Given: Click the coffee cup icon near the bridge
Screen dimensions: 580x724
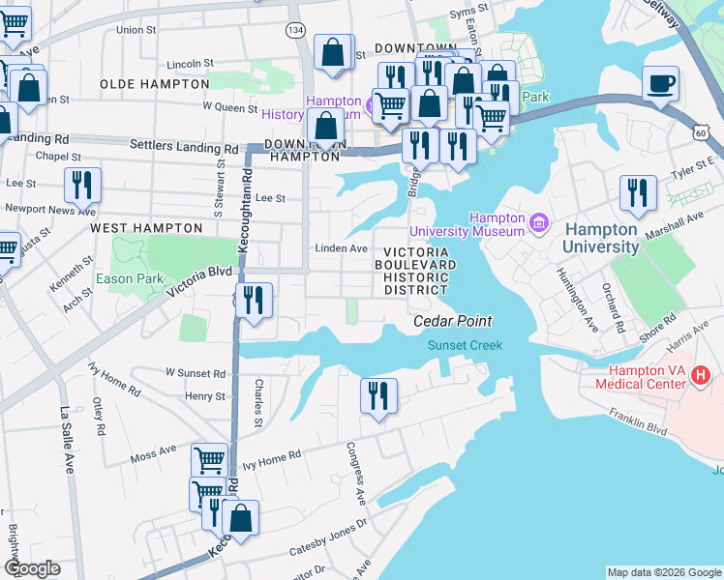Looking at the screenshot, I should click(x=662, y=85).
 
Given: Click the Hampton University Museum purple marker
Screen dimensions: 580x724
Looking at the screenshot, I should click(x=539, y=223).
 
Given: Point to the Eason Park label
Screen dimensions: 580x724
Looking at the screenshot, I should click(x=121, y=279).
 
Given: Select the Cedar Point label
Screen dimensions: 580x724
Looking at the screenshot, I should click(x=452, y=321).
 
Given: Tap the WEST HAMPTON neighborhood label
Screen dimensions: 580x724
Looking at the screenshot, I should click(x=146, y=228).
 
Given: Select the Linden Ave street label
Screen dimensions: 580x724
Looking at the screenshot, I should click(x=342, y=248).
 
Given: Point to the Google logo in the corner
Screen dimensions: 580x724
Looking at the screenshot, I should click(x=32, y=568).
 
